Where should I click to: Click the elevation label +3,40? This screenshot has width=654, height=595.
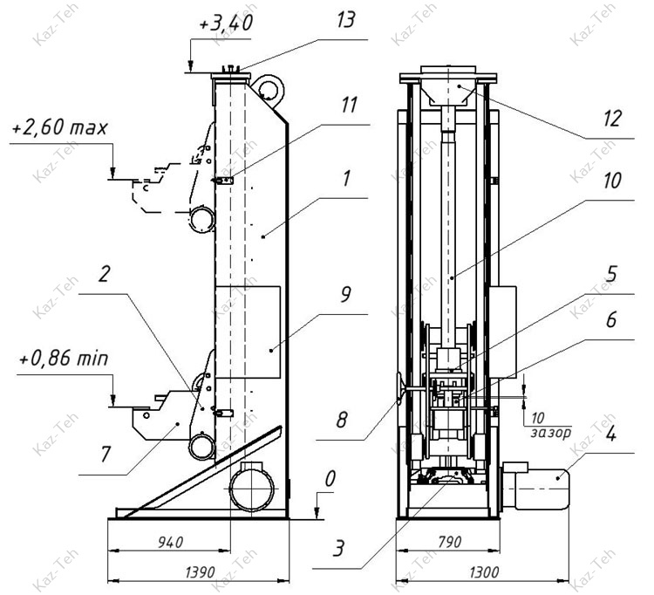coord(226,23)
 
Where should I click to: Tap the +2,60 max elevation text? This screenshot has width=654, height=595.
coord(60,127)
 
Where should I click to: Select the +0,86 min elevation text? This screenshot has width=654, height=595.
coord(64,359)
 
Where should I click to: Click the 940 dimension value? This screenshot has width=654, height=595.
coord(171,542)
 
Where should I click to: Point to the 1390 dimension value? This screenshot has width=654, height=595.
coord(201,572)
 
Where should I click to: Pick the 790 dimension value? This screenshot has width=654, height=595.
coord(450,542)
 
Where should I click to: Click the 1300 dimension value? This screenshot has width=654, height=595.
coord(484,572)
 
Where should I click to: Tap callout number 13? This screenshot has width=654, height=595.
coord(346,20)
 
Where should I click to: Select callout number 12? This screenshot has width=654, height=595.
coord(612,119)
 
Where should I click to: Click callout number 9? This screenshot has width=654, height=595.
coord(346,295)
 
